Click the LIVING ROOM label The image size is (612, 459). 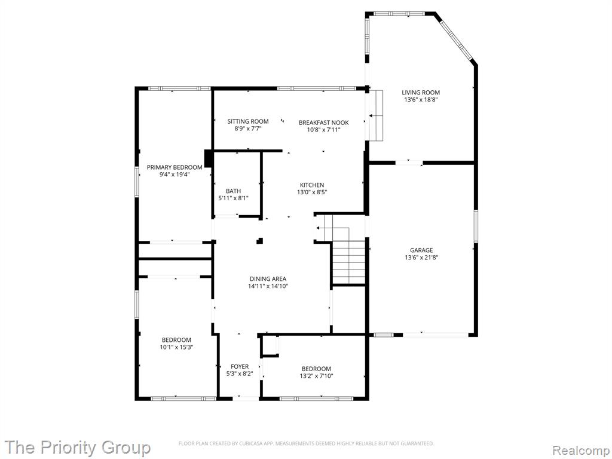coord(421,93)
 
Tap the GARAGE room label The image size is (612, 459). coord(421,250)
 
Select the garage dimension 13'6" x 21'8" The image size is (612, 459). coord(421,257)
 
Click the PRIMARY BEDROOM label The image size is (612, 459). coord(175,167)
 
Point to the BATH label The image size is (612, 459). coord(234,191)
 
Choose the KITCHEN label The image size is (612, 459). coord(312,185)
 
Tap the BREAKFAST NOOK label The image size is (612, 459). coord(323,123)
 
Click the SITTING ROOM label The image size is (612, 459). coord(248,121)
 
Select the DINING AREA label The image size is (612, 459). coord(268,279)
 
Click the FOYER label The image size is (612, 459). coord(240,366)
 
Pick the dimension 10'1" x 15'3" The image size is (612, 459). coord(177,347)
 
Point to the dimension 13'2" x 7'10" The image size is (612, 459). coord(317,376)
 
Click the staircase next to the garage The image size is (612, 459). coord(348,262)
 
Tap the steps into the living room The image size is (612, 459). coord(377,115)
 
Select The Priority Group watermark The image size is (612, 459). coord(77,447)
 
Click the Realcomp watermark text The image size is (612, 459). coord(581,451)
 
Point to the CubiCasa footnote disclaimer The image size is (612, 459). coord(306,443)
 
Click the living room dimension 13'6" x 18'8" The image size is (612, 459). coord(421,100)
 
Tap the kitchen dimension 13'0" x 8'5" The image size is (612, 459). coord(312,192)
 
